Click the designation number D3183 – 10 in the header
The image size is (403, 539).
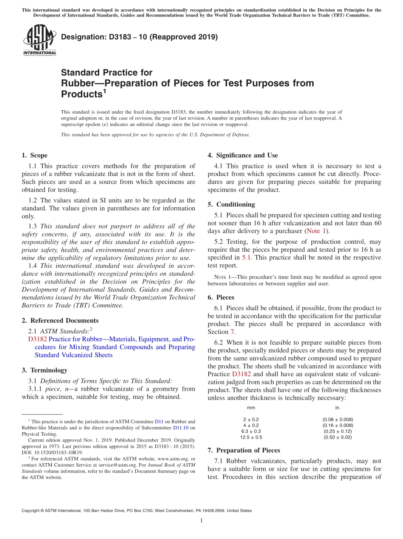click(139, 37)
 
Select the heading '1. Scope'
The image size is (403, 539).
click(35, 155)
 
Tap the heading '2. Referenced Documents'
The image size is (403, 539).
click(60, 320)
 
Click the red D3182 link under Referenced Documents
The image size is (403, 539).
click(37, 339)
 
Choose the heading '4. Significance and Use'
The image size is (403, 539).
click(243, 155)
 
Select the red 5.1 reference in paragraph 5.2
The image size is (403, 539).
click(246, 257)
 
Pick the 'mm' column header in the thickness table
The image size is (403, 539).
click(251, 408)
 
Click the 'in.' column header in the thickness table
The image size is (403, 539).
click(338, 408)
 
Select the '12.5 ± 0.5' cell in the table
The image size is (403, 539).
click(251, 437)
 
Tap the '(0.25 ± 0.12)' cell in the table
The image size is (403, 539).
click(338, 431)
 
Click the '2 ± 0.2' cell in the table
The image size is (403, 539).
click(251, 420)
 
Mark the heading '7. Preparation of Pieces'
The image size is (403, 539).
click(244, 450)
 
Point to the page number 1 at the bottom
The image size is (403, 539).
click(201, 520)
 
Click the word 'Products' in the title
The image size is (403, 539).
click(81, 94)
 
